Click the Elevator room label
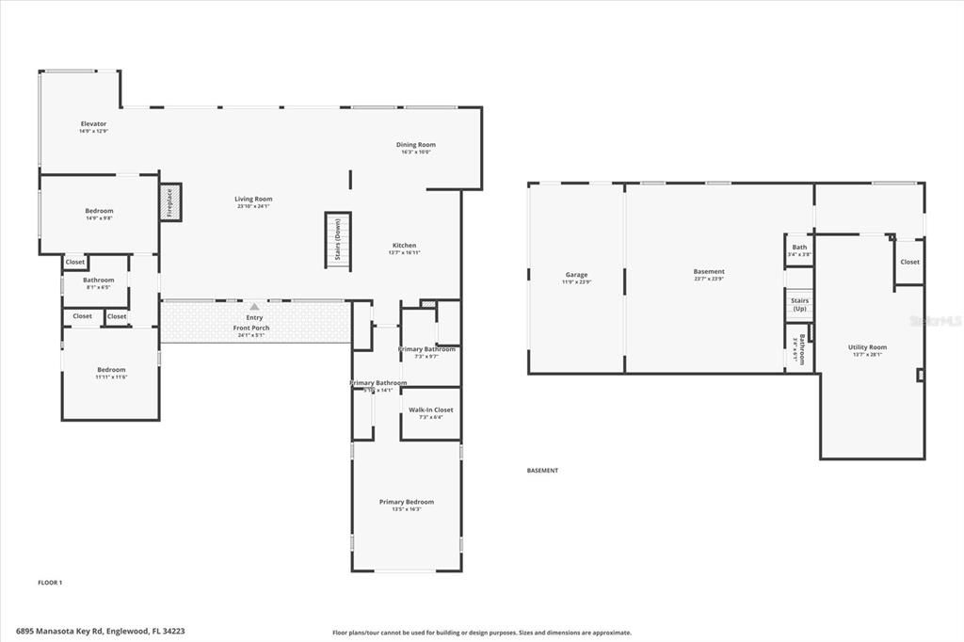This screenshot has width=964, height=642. [93, 124]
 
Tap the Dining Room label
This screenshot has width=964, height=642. [415, 145]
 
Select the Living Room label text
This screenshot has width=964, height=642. [253, 199]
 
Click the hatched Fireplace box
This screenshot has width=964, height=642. [170, 202]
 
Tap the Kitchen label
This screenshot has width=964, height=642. [404, 246]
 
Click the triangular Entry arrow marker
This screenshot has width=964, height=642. [254, 306]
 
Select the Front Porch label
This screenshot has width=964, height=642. [251, 328]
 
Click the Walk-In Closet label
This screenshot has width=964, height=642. [430, 409]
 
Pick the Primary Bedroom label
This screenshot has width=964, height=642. [407, 502]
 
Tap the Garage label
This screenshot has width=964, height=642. [576, 275]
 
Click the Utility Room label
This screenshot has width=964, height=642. [867, 347]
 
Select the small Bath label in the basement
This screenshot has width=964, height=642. [799, 248]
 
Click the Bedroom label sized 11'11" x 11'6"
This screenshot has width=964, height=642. [111, 370]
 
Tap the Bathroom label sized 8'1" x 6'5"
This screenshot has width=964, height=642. [98, 280]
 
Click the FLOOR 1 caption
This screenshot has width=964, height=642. [50, 583]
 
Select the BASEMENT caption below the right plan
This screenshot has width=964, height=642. [542, 471]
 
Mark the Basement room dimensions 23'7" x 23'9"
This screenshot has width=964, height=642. [709, 280]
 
